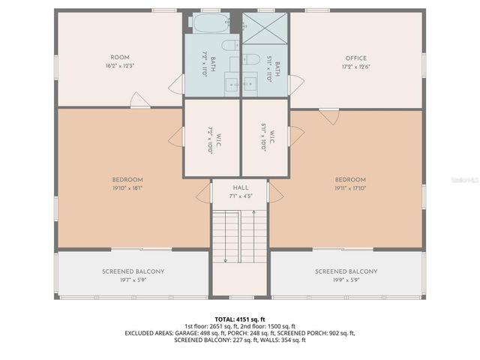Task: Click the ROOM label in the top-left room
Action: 120,58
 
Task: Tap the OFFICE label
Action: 355,58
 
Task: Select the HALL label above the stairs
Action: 240,187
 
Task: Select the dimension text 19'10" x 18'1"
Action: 127,189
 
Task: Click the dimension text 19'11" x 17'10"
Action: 350,189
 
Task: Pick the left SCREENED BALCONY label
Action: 133,271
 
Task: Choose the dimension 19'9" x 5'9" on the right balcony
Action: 346,280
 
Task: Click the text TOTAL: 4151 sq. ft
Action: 240,319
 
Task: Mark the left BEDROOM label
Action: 127,180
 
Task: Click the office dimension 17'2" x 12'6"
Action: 355,66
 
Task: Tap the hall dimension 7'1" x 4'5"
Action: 240,196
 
